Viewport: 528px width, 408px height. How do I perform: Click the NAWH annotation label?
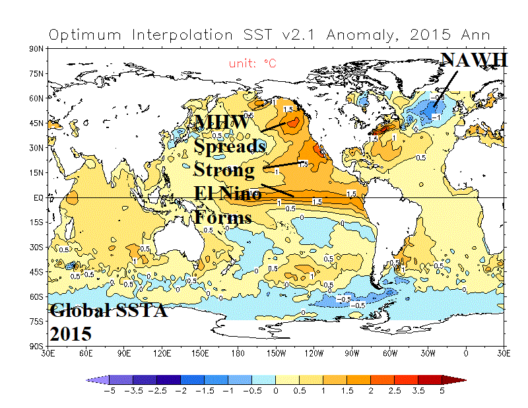point(475,60)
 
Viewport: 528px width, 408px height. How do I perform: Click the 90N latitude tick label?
point(37,49)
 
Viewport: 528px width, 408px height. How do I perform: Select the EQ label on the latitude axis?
point(39,197)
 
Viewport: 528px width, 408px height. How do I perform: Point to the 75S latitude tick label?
point(37,321)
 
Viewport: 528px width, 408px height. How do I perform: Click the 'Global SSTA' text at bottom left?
point(108,310)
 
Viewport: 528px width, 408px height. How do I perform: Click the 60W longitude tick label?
point(390,353)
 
